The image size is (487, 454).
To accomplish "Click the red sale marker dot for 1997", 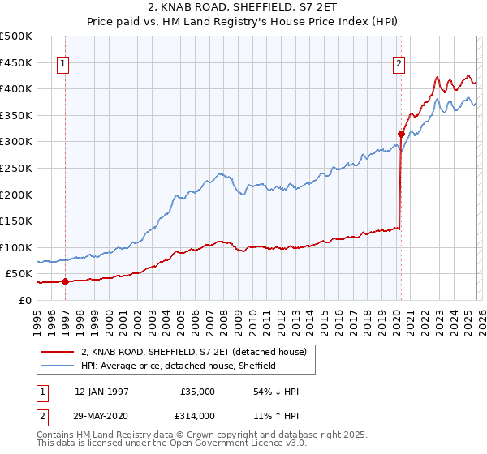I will (65, 281).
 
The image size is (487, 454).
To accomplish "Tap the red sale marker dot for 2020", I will (401, 135).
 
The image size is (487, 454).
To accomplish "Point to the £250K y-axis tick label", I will (16, 168).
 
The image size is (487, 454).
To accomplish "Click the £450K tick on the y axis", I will (16, 62).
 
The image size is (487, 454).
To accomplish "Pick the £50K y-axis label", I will (19, 274).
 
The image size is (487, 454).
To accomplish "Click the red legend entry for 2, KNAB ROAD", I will (193, 352).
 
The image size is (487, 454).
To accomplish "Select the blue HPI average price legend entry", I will (179, 366).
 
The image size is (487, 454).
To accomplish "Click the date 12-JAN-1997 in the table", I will (101, 392).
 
